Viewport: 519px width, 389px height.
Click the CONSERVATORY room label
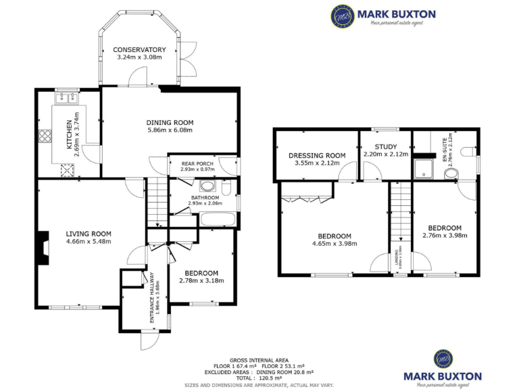point(139,50)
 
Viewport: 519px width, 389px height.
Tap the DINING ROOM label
point(170,122)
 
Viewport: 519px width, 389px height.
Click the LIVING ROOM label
point(89,234)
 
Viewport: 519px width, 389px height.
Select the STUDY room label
point(385,147)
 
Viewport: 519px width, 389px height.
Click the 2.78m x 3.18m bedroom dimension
point(201,280)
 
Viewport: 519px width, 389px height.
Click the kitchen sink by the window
point(66,99)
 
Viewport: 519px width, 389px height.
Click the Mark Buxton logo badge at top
point(342,15)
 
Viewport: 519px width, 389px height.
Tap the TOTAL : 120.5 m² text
point(259,378)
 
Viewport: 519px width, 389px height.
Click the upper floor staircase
point(400,216)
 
